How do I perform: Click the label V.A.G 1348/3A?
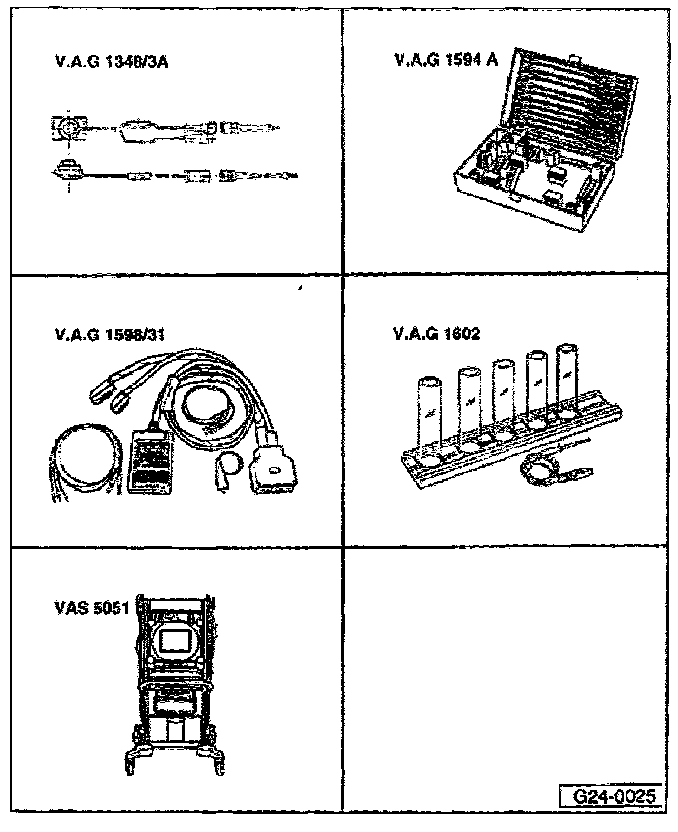(x=112, y=61)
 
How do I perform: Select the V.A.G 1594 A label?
(x=445, y=60)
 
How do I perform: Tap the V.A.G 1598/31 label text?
(x=110, y=335)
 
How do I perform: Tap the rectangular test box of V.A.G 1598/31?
(x=150, y=460)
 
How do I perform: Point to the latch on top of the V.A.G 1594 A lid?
(x=574, y=57)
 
